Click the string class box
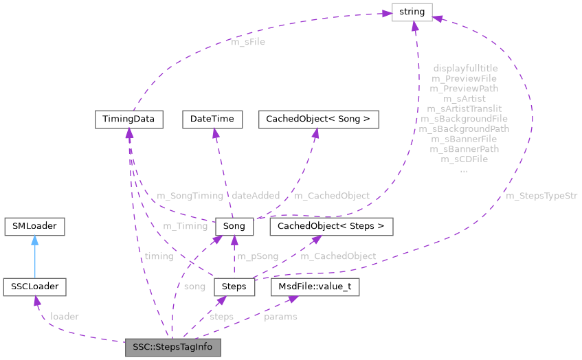(412, 12)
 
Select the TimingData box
(128, 119)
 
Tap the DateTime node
(212, 119)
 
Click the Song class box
(234, 226)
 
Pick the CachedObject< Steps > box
(331, 226)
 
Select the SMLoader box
(34, 226)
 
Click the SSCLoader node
(34, 286)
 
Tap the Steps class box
(234, 286)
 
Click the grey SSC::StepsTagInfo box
(172, 347)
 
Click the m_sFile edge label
(248, 42)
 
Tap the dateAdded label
(255, 196)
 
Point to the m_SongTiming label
(190, 196)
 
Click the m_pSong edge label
(258, 256)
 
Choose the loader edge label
(65, 317)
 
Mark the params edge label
(280, 317)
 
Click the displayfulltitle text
(465, 69)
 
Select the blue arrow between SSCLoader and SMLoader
(34, 256)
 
